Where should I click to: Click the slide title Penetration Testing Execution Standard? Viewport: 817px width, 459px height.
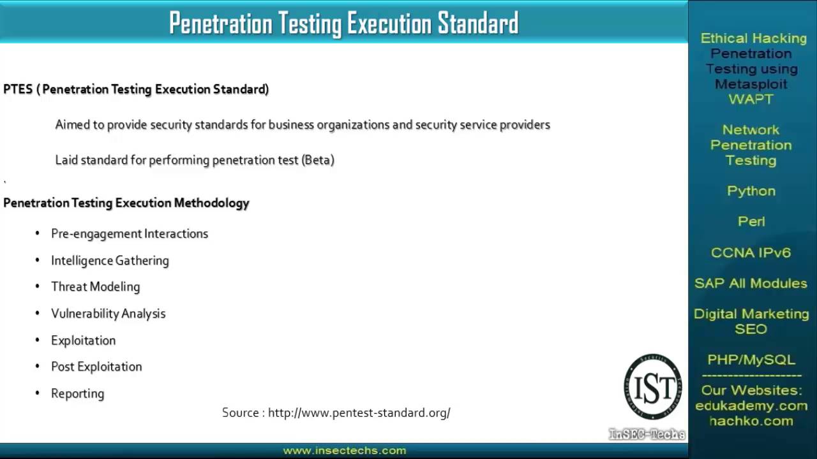(x=343, y=24)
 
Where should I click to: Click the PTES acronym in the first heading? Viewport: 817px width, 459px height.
(x=18, y=89)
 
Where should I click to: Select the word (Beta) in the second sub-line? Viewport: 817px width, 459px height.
(x=318, y=160)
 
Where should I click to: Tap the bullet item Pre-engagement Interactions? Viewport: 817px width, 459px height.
(x=130, y=234)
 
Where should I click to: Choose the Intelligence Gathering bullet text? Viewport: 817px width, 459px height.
(x=110, y=261)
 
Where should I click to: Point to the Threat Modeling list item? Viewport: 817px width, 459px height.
(x=95, y=287)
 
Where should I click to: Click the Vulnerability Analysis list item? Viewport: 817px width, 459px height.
(x=108, y=314)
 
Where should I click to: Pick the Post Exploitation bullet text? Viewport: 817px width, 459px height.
(x=96, y=367)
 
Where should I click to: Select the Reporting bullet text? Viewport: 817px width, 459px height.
(x=77, y=393)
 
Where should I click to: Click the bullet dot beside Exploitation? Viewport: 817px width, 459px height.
(x=38, y=340)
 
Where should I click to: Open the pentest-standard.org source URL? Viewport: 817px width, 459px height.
(x=359, y=413)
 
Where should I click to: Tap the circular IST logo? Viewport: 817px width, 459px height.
(x=652, y=387)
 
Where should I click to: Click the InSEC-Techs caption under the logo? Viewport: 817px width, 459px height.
(x=647, y=435)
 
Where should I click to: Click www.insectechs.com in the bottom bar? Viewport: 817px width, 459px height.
(x=345, y=451)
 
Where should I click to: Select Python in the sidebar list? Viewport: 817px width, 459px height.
(x=751, y=191)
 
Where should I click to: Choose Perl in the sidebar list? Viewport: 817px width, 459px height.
(x=751, y=222)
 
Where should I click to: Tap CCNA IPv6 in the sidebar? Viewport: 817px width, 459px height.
(x=751, y=252)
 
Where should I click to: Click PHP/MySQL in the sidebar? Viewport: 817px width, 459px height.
(x=751, y=360)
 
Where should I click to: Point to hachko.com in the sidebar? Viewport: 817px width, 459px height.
(x=751, y=421)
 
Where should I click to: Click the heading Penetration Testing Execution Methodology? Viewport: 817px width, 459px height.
(x=126, y=203)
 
